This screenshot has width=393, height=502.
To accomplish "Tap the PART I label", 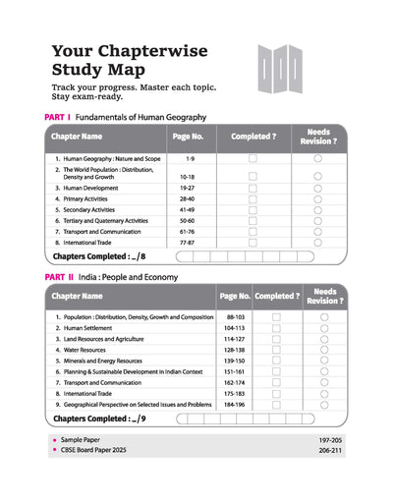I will pos(58,117).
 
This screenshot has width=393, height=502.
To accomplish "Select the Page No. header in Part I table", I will pos(187,137).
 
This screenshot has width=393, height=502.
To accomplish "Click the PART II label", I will pos(59,278).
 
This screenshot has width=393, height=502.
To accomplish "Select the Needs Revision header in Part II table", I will pos(324,296).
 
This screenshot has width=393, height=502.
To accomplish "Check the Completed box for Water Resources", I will pos(276,351).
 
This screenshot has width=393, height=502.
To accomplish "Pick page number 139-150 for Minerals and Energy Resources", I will pos(234,362).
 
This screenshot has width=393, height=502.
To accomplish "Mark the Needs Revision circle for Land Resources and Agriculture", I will pos(324,340).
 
